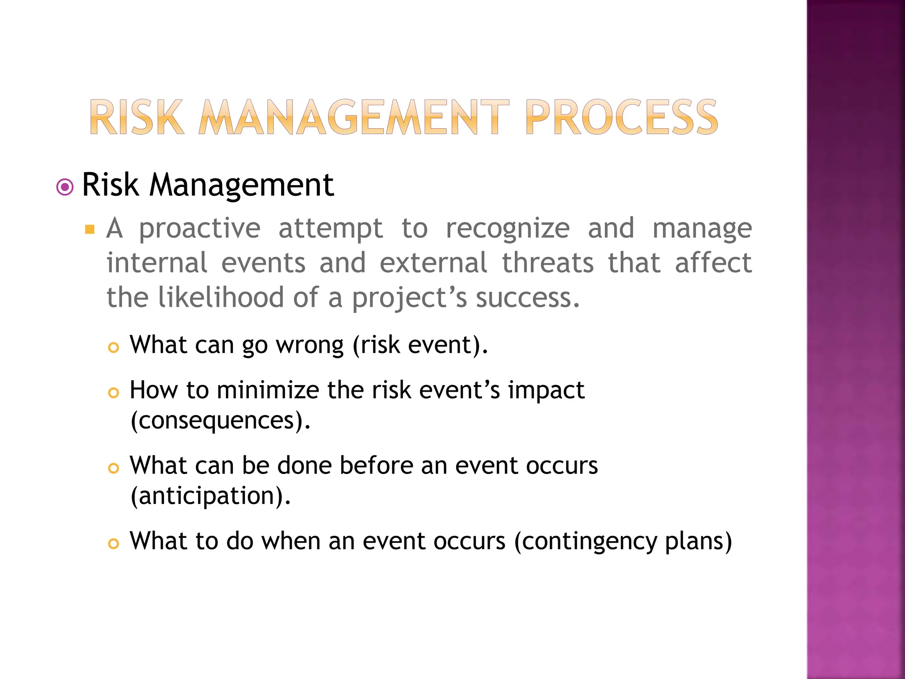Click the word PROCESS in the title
622,117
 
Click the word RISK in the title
137,117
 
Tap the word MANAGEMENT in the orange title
354,117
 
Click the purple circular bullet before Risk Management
65,187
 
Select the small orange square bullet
90,229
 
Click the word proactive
200,229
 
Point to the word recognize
508,229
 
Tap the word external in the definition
433,263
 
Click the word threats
548,263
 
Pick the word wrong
310,345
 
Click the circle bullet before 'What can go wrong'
114,348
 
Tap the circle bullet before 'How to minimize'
114,393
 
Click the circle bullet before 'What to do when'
114,544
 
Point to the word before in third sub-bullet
376,465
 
